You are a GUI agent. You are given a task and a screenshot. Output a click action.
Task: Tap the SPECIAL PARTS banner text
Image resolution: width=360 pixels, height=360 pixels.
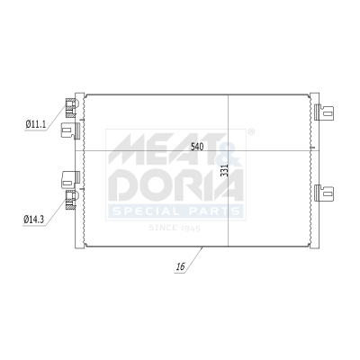175,211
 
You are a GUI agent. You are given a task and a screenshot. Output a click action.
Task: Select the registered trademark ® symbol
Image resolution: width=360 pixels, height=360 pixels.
250,132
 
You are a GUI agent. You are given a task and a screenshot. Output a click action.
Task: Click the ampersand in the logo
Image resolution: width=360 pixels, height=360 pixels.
229,151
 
